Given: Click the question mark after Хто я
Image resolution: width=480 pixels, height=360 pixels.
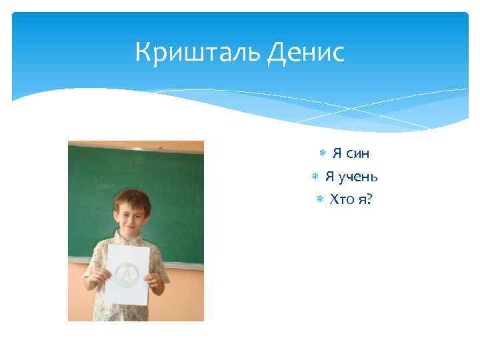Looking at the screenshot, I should click(371, 199).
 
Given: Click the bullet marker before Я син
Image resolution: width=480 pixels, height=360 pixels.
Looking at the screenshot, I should click(321, 154).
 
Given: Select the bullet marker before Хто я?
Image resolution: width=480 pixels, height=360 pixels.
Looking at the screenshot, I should click(319, 199).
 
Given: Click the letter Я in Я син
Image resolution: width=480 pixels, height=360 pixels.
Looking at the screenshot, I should click(337, 154).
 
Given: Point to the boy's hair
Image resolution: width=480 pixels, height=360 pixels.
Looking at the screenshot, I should click(131, 198).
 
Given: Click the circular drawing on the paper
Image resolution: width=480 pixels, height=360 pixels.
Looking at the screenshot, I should click(125, 274).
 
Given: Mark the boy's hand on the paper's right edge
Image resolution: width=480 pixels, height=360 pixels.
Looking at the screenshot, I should click(155, 281).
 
